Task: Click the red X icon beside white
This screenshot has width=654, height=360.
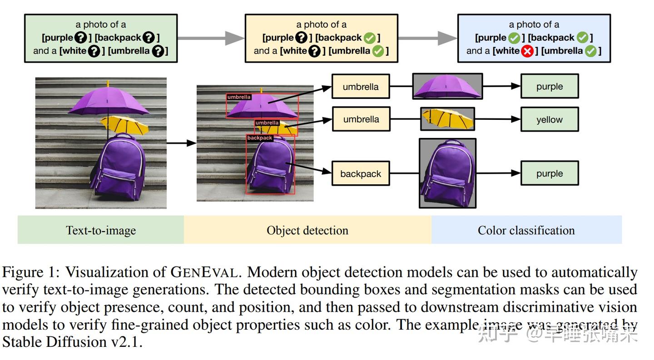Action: pos(527,51)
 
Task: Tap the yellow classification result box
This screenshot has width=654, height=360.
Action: pos(550,119)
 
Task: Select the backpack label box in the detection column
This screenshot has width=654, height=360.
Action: pos(361,173)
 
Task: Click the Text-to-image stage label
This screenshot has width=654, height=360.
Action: pos(101,230)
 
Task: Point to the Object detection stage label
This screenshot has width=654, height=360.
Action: pos(307,230)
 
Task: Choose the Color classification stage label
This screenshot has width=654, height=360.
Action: pos(526,230)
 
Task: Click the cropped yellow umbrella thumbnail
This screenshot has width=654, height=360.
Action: pos(447,119)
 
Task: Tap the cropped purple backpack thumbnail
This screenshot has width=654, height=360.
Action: pos(447,173)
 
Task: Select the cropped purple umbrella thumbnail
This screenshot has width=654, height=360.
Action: pos(447,86)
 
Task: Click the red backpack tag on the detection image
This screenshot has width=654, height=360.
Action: pos(260,138)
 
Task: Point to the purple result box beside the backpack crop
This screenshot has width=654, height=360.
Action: pos(550,173)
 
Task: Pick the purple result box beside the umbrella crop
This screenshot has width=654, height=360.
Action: pos(550,86)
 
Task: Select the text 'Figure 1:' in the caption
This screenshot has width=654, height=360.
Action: pos(31,272)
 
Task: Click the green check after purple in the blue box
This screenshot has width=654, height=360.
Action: pos(514,38)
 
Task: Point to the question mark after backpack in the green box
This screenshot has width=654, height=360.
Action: pos(149,38)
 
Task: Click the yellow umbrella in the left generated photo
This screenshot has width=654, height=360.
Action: pos(125,124)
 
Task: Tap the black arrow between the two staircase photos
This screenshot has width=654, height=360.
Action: pos(181,143)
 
